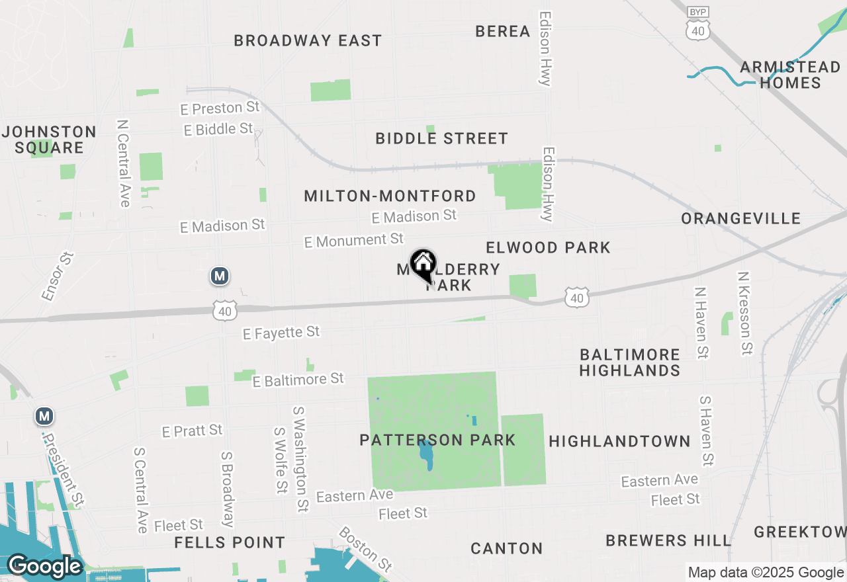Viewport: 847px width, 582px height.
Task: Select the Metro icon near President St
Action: pyautogui.click(x=44, y=416)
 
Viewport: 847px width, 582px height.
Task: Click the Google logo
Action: pyautogui.click(x=45, y=567)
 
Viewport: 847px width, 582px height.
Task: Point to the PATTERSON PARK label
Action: pyautogui.click(x=437, y=440)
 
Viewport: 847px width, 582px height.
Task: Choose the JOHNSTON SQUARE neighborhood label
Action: pyautogui.click(x=50, y=140)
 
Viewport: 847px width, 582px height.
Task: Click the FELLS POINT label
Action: pyautogui.click(x=230, y=543)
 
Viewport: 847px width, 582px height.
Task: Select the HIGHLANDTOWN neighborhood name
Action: pyautogui.click(x=619, y=441)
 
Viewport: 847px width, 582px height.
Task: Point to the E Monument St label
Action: pyautogui.click(x=354, y=240)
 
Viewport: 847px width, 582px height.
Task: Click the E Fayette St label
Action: pyautogui.click(x=281, y=332)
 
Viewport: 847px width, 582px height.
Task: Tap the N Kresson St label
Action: pyautogui.click(x=745, y=313)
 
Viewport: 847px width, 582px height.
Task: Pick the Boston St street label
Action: pyautogui.click(x=365, y=549)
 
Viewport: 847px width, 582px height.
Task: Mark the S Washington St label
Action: pyautogui.click(x=302, y=459)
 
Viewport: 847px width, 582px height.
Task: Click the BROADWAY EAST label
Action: pyautogui.click(x=308, y=40)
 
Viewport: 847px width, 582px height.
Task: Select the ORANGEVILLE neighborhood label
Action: pyautogui.click(x=741, y=218)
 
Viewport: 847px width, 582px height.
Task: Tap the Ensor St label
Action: pyautogui.click(x=58, y=276)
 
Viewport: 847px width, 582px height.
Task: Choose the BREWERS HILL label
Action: pyautogui.click(x=668, y=540)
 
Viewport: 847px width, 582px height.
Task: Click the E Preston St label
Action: pyautogui.click(x=220, y=107)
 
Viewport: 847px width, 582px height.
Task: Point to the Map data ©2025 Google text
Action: pyautogui.click(x=766, y=573)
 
